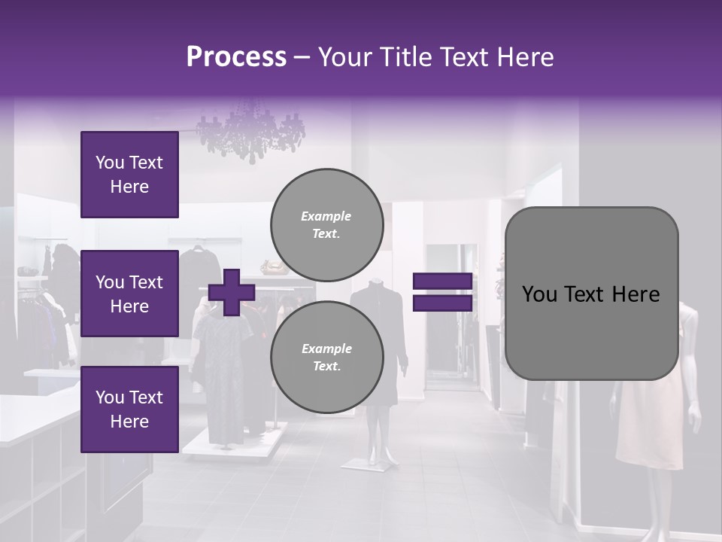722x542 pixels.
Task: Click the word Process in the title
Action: (236, 57)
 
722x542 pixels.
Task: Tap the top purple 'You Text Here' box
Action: (129, 175)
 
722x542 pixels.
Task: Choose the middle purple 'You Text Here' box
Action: (129, 294)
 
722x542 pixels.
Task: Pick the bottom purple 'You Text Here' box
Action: (129, 409)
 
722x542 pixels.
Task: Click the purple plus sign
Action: (231, 293)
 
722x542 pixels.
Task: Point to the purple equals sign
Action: (442, 292)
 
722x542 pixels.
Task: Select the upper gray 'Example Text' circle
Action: (326, 224)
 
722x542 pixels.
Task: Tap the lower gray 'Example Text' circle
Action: (326, 357)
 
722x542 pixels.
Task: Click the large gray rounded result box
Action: (591, 294)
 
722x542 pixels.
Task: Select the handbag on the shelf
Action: (271, 266)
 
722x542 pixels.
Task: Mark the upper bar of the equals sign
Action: (442, 281)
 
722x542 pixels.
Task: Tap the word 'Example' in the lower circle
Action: (326, 349)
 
